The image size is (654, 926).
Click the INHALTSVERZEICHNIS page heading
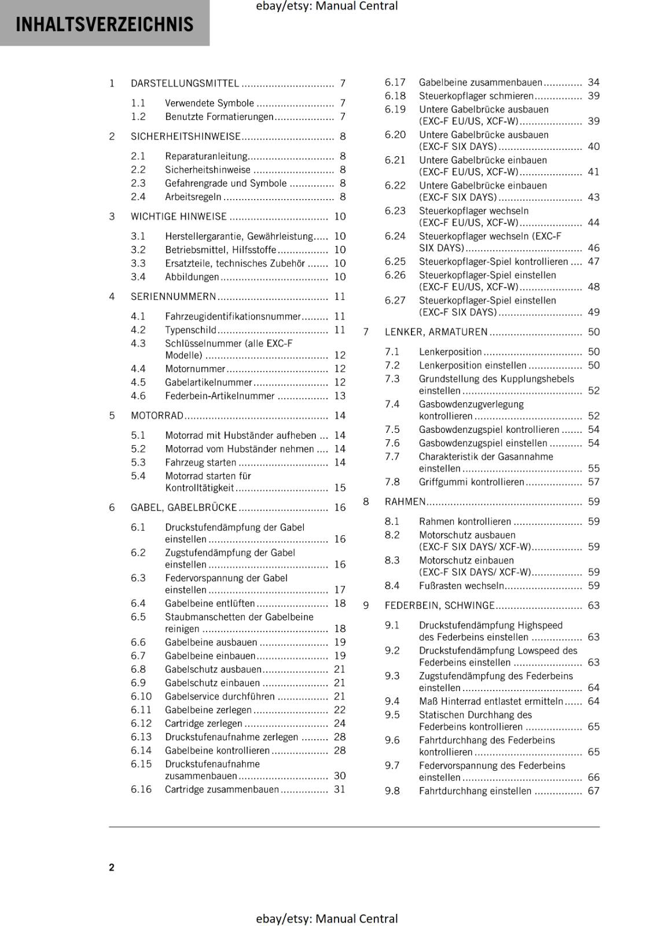tap(105, 24)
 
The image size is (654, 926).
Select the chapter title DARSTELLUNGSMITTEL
tap(185, 83)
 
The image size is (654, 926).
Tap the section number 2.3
tap(138, 183)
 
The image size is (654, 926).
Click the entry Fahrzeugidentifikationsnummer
tap(233, 317)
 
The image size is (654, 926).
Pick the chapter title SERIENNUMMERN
tap(173, 297)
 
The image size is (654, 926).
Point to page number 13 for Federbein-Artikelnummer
tap(340, 396)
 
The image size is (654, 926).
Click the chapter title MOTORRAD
tap(157, 416)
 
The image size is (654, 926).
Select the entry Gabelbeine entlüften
tap(210, 603)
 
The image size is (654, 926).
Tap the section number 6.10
tap(141, 696)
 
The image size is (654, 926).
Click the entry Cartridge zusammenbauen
tap(222, 789)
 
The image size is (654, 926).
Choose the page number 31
tap(340, 789)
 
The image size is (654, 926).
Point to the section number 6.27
tap(395, 300)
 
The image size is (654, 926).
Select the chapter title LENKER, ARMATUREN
tap(436, 332)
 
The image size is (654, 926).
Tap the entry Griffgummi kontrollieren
tap(471, 482)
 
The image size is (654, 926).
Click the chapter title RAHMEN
tap(405, 502)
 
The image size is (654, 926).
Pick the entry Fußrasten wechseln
tap(461, 586)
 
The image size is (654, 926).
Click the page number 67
tap(594, 791)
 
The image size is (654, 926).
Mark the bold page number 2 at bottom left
tap(112, 867)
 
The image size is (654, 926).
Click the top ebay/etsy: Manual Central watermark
tap(326, 6)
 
